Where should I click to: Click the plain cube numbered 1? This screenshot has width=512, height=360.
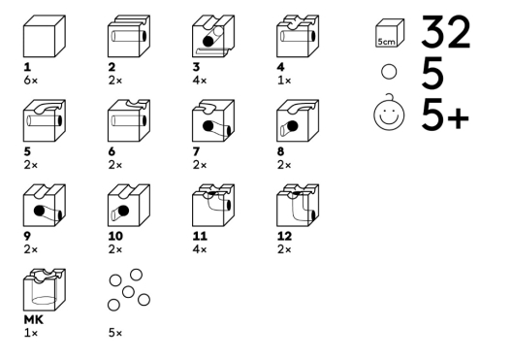pyautogui.click(x=45, y=36)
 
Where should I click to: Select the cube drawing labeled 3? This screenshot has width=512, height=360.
pyautogui.click(x=213, y=36)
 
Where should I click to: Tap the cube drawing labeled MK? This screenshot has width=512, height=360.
pyautogui.click(x=45, y=290)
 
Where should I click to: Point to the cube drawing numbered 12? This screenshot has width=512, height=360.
pyautogui.click(x=298, y=205)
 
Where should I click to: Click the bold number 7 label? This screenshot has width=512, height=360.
pyautogui.click(x=196, y=151)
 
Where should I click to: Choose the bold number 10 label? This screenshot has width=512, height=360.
pyautogui.click(x=115, y=236)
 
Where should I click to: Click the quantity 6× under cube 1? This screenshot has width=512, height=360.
pyautogui.click(x=31, y=80)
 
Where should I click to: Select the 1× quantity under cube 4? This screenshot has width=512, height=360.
pyautogui.click(x=284, y=80)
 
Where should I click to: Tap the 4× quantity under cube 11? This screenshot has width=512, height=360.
pyautogui.click(x=200, y=249)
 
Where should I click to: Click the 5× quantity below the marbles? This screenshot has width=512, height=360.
pyautogui.click(x=115, y=333)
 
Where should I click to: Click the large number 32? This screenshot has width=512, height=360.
pyautogui.click(x=445, y=32)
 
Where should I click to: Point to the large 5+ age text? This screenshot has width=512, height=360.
pyautogui.click(x=445, y=115)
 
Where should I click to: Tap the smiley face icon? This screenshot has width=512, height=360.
pyautogui.click(x=389, y=113)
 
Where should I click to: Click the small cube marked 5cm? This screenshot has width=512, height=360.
pyautogui.click(x=390, y=33)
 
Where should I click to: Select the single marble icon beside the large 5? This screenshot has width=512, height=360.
pyautogui.click(x=389, y=72)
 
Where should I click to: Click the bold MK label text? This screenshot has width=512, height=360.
pyautogui.click(x=33, y=320)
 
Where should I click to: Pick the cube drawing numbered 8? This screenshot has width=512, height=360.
pyautogui.click(x=298, y=120)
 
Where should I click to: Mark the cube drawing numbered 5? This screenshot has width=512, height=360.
pyautogui.click(x=45, y=120)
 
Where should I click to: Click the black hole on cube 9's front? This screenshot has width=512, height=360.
pyautogui.click(x=39, y=211)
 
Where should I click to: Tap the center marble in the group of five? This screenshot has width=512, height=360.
pyautogui.click(x=128, y=292)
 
